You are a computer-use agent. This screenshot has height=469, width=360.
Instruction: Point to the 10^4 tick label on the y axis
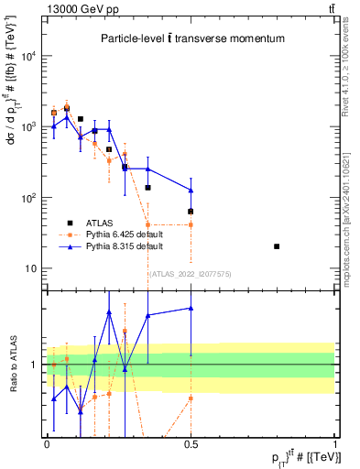pos(28,56)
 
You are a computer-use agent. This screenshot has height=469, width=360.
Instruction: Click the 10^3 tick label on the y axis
pos(28,126)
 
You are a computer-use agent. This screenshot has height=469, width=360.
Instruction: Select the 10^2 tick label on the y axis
pos(28,198)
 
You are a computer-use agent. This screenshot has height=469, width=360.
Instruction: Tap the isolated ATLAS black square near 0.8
pos(277,246)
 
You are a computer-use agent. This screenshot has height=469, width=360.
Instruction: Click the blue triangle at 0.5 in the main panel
pos(191,191)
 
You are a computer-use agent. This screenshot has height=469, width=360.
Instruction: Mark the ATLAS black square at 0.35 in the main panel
pos(147,188)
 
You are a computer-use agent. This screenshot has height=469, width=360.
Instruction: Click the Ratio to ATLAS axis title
pos(12,364)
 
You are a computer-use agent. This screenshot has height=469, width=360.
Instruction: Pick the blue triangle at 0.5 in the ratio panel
pos(191,308)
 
